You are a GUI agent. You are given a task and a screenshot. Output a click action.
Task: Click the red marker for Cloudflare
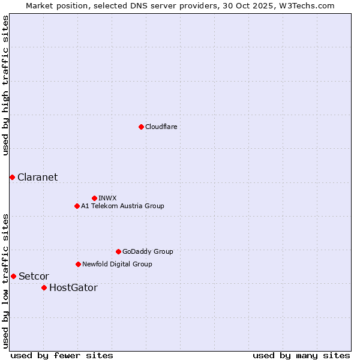[141, 127]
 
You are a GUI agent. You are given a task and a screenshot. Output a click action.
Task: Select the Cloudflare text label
[161, 127]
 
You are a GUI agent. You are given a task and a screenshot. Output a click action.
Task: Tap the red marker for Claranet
[12, 177]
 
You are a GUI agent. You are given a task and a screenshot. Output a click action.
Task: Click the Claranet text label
[37, 177]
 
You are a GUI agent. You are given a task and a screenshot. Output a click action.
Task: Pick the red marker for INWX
[94, 198]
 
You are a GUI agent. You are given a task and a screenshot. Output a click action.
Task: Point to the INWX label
[107, 198]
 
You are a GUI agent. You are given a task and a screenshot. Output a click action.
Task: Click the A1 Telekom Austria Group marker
[77, 206]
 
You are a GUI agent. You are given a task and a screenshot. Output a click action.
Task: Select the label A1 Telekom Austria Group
[122, 206]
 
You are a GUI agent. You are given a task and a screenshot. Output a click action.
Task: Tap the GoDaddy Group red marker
[118, 251]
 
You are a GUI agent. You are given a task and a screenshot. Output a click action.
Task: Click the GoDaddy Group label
[148, 251]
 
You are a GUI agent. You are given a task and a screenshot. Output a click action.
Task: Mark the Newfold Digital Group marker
[78, 264]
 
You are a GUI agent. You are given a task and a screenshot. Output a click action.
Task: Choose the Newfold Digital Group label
[117, 264]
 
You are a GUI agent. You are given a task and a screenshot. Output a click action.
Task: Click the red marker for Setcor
[13, 276]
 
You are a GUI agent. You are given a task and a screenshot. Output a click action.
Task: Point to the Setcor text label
[34, 276]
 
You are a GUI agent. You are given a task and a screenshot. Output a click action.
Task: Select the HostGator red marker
[44, 287]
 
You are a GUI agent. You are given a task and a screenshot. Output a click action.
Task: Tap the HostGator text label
[73, 287]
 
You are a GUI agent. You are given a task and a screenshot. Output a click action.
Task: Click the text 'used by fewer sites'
[62, 355]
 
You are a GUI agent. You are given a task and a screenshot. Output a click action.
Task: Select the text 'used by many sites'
[301, 355]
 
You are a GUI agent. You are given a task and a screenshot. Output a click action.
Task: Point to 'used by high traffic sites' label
[5, 85]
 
